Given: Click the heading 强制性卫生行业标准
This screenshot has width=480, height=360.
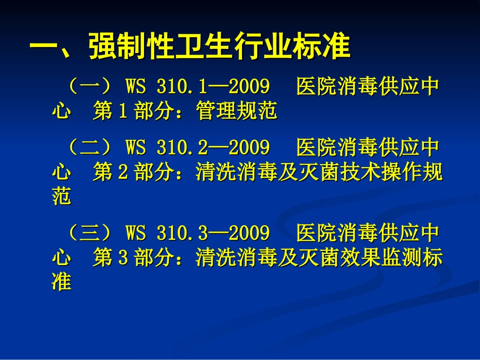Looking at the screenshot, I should point(219,47).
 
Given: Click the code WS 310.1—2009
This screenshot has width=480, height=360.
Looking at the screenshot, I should point(197,87).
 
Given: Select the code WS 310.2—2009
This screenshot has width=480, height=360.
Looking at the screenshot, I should point(197,147).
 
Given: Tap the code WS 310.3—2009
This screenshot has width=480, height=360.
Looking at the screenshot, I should point(197,233).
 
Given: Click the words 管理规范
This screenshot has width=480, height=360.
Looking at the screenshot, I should point(237,112).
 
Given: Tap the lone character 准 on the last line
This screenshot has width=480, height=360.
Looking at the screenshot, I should point(62,282).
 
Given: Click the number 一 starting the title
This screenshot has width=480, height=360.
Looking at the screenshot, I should point(44,47).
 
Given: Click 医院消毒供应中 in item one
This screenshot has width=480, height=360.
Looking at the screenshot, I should point(367,87).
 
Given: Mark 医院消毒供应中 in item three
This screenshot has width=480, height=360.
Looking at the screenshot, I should point(367,233).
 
